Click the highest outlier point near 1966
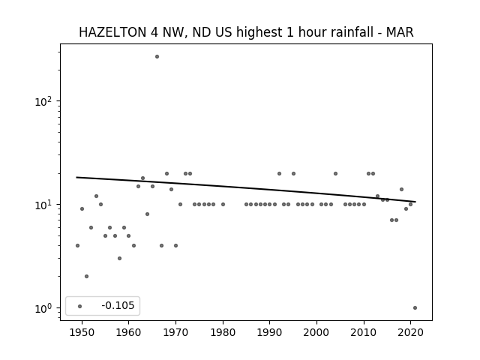click(x=157, y=57)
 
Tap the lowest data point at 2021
click(x=415, y=308)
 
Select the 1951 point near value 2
click(x=87, y=277)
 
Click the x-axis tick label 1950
click(x=82, y=332)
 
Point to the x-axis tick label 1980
click(x=223, y=332)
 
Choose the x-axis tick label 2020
click(x=410, y=332)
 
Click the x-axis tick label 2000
click(x=316, y=332)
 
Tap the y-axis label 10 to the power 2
click(x=46, y=101)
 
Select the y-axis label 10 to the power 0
click(x=46, y=308)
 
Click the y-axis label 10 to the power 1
click(x=46, y=205)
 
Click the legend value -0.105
click(x=118, y=305)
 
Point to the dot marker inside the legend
click(x=80, y=306)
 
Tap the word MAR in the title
click(x=400, y=32)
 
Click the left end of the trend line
click(x=76, y=177)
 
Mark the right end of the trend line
click(x=415, y=202)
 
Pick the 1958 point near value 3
click(x=120, y=258)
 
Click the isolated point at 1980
click(x=223, y=205)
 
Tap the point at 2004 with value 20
click(x=335, y=173)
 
